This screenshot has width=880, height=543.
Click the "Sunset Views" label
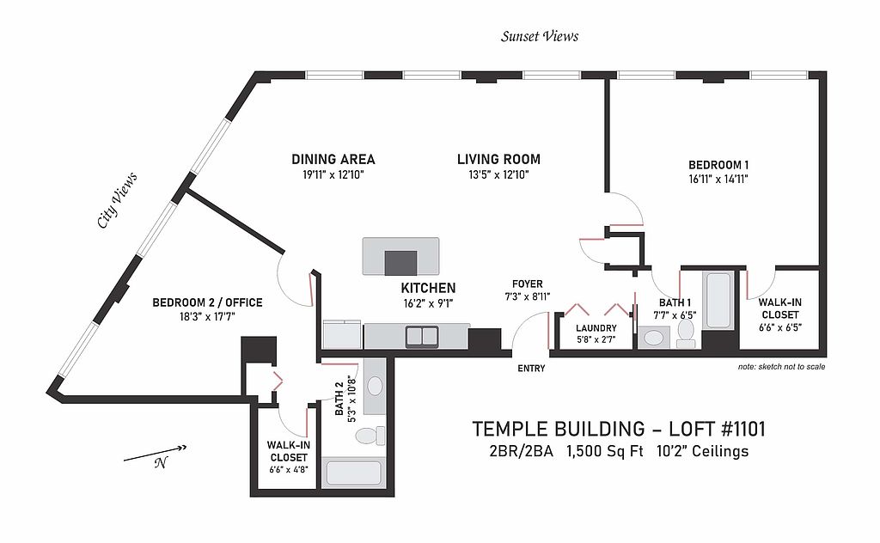(x=540, y=36)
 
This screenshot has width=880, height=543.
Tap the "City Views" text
(x=117, y=200)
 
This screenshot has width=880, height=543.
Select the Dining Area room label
(x=333, y=159)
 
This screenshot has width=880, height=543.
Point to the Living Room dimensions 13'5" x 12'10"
(x=499, y=175)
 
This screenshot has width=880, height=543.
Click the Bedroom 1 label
(x=718, y=166)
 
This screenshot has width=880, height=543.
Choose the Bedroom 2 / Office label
(x=208, y=303)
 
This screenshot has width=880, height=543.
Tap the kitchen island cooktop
(x=400, y=263)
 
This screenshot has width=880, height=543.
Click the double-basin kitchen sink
(x=422, y=336)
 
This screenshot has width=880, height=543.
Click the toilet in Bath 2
(x=371, y=436)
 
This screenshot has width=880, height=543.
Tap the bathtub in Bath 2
(x=353, y=473)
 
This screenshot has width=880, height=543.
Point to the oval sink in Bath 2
(x=375, y=386)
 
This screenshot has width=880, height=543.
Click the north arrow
(x=155, y=454)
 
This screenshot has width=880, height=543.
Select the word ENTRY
(x=531, y=369)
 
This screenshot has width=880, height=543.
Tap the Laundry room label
(x=596, y=328)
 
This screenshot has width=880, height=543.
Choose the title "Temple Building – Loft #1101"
(x=619, y=429)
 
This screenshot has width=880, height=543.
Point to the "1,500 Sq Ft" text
(x=604, y=451)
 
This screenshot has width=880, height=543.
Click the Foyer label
(x=527, y=284)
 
